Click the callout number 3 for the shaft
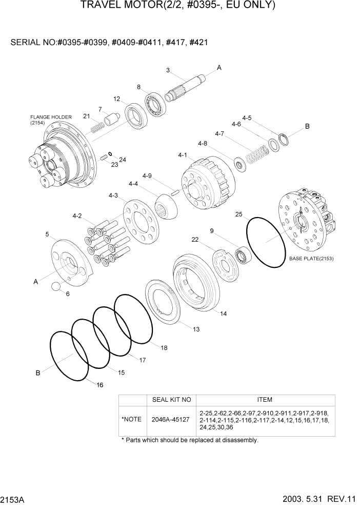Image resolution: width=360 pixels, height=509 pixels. pyautogui.click(x=168, y=70)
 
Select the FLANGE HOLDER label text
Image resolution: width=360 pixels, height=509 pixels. pyautogui.click(x=51, y=117)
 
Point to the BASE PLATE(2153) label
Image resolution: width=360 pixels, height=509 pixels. pyautogui.click(x=311, y=259)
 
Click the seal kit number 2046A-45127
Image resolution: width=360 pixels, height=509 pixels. pyautogui.click(x=171, y=419)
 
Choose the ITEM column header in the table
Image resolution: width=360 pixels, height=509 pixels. pyautogui.click(x=265, y=400)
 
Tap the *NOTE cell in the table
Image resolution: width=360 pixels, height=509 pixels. pyautogui.click(x=131, y=419)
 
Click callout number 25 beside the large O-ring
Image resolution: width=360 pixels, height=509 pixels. pyautogui.click(x=238, y=214)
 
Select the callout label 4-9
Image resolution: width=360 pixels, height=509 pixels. pyautogui.click(x=147, y=176)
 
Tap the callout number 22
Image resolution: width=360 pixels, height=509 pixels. pyautogui.click(x=195, y=239)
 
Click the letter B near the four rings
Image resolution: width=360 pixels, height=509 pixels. pyautogui.click(x=38, y=373)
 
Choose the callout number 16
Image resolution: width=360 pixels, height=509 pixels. pyautogui.click(x=99, y=384)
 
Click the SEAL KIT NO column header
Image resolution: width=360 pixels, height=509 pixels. pyautogui.click(x=171, y=400)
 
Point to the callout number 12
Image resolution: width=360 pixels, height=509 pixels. pyautogui.click(x=117, y=99)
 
